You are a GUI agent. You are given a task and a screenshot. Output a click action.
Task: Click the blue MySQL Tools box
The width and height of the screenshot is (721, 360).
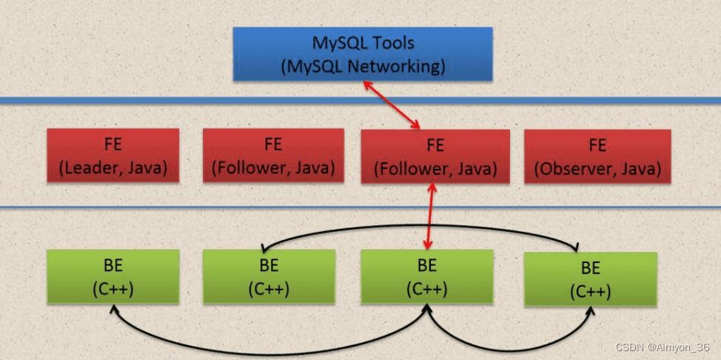(x=363, y=54)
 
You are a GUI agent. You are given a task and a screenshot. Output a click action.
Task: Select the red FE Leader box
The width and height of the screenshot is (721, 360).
(x=113, y=155)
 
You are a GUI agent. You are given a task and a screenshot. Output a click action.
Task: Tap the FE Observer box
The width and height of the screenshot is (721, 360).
(x=597, y=156)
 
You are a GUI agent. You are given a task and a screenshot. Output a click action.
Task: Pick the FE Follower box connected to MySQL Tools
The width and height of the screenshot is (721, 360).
(x=435, y=156)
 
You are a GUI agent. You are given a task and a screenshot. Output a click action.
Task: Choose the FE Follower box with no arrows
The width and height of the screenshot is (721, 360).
(x=273, y=155)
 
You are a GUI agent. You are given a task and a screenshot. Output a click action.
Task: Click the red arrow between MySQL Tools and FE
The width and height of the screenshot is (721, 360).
(x=392, y=104)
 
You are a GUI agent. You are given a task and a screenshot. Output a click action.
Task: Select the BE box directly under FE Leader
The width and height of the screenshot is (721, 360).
(x=113, y=277)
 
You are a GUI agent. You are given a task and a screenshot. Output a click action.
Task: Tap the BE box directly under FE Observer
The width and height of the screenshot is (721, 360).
(x=591, y=279)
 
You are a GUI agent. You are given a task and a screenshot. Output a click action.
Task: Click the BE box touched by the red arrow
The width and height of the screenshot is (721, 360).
(x=427, y=277)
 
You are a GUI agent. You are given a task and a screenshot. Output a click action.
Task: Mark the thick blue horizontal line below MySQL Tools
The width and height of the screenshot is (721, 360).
(x=360, y=100)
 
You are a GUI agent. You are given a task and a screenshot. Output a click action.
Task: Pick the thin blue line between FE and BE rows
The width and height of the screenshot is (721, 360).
(x=360, y=207)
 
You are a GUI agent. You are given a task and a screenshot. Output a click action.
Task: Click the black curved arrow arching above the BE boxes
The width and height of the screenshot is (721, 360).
(x=419, y=226)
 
